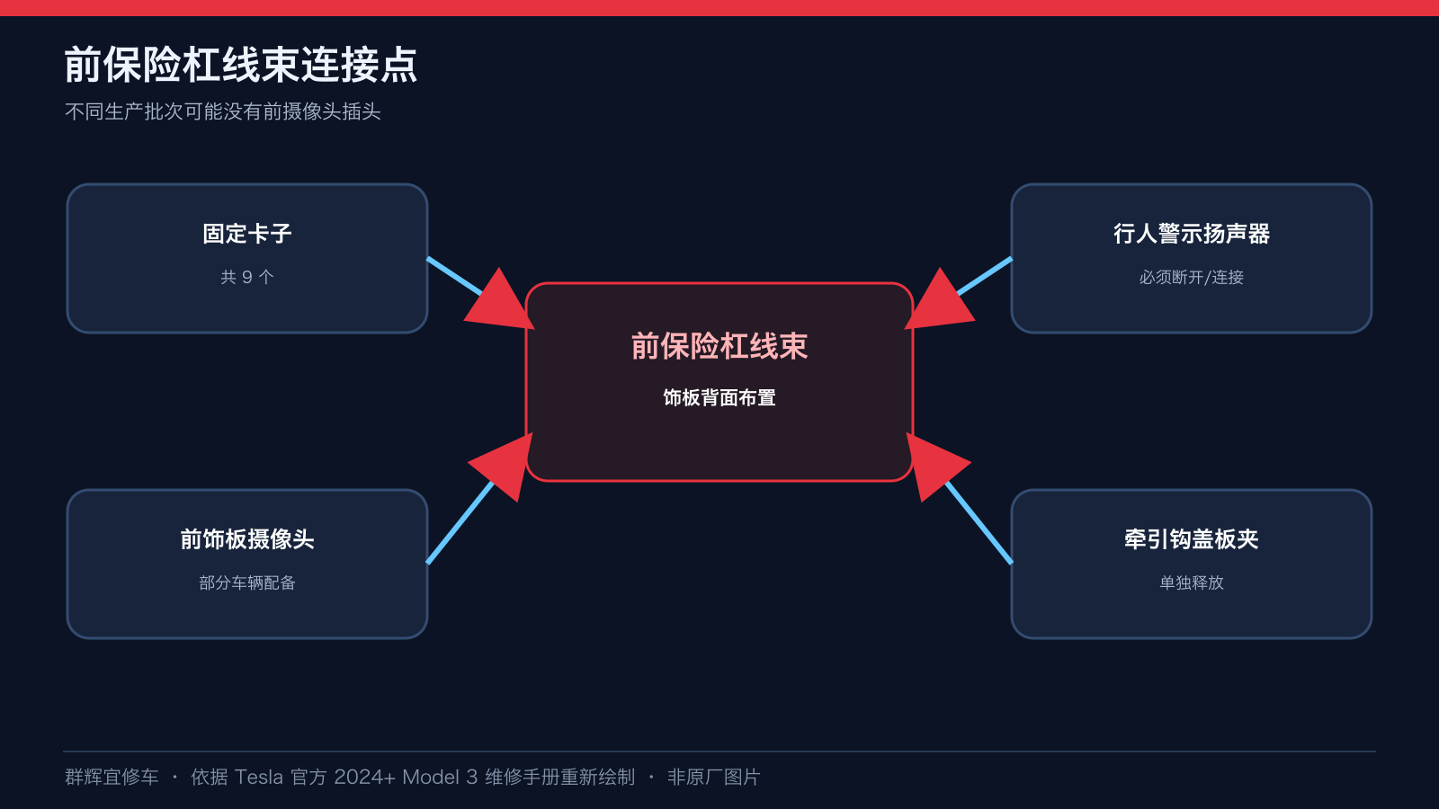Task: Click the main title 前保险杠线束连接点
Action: [x=241, y=65]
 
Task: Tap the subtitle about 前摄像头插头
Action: [x=223, y=111]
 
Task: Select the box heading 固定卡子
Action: [x=247, y=234]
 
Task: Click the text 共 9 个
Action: [x=247, y=278]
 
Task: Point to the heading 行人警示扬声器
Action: [x=1192, y=234]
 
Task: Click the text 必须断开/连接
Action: [x=1192, y=278]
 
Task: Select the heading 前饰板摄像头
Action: [x=247, y=539]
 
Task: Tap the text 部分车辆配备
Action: [x=247, y=583]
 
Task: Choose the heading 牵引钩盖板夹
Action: [x=1192, y=539]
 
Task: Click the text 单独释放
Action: [x=1192, y=583]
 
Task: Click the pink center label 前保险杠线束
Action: [x=719, y=347]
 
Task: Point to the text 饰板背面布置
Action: [x=719, y=398]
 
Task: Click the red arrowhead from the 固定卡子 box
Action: [x=503, y=303]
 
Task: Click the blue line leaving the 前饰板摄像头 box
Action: [x=460, y=522]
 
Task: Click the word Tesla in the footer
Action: [x=258, y=778]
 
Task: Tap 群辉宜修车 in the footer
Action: [x=112, y=778]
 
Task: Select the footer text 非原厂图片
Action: [x=714, y=778]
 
